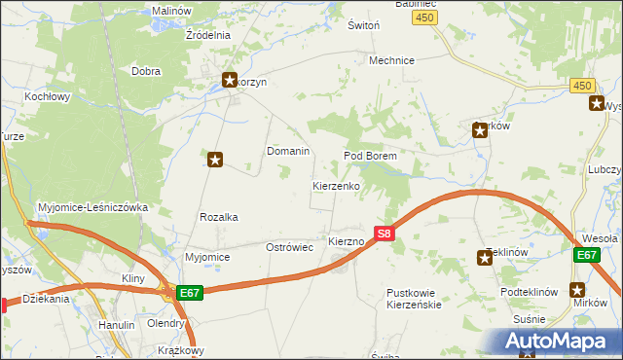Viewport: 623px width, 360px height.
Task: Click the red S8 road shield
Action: [x=385, y=234]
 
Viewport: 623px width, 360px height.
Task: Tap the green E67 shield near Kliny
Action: [x=190, y=292]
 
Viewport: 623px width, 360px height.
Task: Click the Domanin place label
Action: [x=288, y=152]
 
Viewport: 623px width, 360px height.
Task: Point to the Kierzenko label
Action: [x=337, y=185]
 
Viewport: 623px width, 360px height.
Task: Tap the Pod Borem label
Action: [x=371, y=157]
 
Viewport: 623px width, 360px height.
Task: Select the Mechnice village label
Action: [x=391, y=60]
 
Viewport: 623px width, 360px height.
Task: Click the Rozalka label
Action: [x=219, y=218]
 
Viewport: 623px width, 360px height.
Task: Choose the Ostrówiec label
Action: [x=289, y=248]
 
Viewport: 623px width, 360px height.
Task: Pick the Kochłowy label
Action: [x=49, y=97]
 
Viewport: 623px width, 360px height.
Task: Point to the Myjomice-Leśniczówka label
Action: [x=92, y=207]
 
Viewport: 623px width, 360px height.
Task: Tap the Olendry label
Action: [x=166, y=323]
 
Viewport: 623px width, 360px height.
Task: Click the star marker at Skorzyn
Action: [x=230, y=81]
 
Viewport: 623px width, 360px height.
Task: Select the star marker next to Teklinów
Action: [x=485, y=258]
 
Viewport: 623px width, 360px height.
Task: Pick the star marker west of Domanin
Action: [x=216, y=159]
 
